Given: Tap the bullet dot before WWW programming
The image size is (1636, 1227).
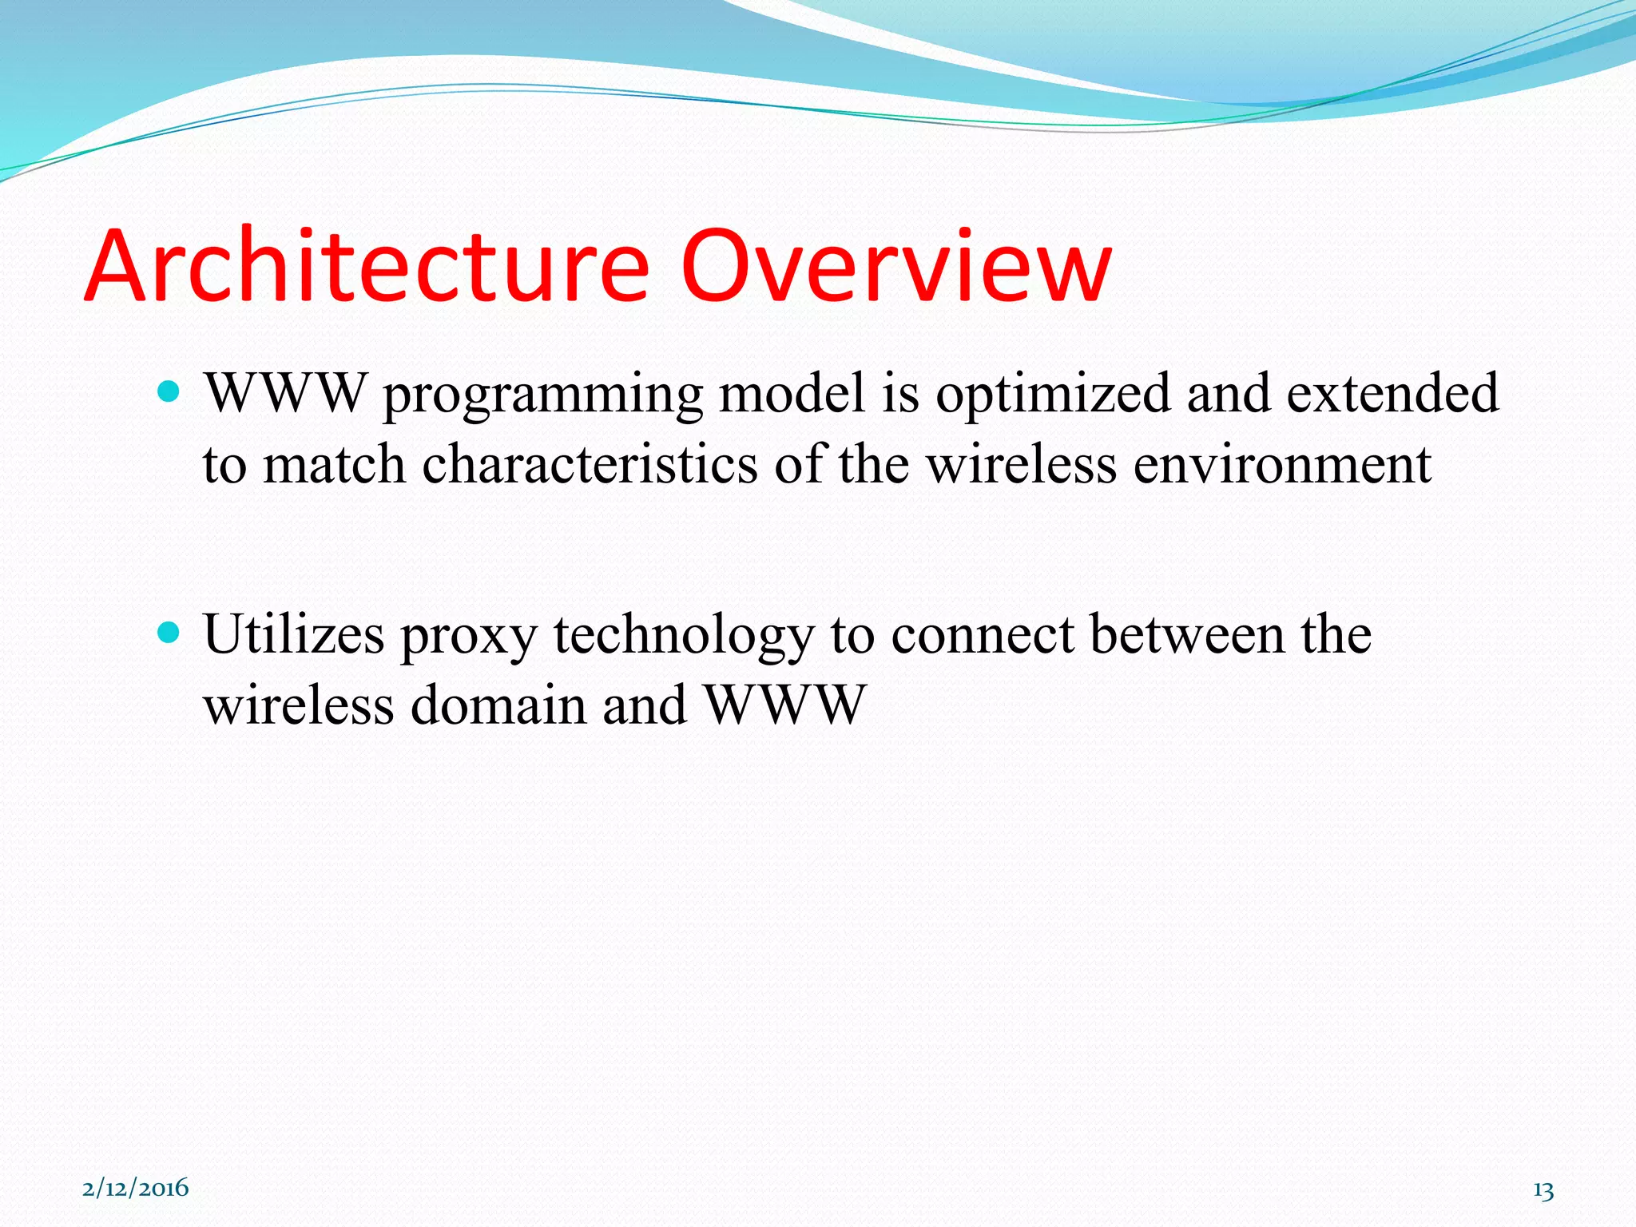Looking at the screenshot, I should (169, 391).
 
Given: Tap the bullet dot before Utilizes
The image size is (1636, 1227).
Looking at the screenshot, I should (169, 633).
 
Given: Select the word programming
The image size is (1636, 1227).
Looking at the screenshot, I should (543, 395).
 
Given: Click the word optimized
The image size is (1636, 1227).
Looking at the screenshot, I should (1053, 395).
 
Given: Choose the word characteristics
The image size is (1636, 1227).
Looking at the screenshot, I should (590, 464).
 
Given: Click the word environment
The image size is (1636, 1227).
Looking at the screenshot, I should (1282, 466).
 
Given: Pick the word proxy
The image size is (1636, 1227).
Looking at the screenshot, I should (469, 637).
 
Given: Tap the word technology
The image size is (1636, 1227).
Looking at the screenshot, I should (684, 637).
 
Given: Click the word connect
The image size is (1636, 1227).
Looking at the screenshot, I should (982, 636).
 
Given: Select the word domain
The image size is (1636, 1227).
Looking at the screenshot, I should (498, 706).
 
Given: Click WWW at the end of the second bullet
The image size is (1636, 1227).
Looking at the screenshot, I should (785, 706).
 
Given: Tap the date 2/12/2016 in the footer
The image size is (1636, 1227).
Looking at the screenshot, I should (136, 1188).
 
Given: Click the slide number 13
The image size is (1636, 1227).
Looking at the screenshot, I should (1543, 1190).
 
